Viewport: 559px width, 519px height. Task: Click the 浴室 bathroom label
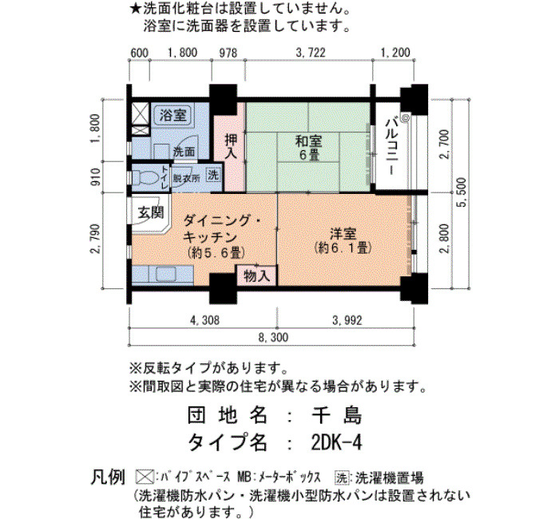[x=172, y=115]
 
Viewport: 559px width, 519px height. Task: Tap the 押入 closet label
[x=231, y=146]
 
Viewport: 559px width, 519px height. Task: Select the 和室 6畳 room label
[x=309, y=148]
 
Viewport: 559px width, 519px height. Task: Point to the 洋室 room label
[x=343, y=240]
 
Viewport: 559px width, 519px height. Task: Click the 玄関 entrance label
[x=151, y=213]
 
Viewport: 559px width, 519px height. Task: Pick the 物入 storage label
[x=257, y=276]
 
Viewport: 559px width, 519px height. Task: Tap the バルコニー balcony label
[x=391, y=147]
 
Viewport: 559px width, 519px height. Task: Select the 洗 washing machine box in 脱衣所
[x=213, y=175]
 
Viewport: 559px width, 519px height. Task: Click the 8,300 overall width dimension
[x=272, y=337]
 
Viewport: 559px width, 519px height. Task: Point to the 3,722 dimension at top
[x=311, y=53]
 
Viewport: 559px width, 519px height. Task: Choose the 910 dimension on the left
[x=97, y=177]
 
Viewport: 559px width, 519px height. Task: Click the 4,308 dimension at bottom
[x=204, y=320]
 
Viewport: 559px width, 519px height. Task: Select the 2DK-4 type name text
[x=336, y=443]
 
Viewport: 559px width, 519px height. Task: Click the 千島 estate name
[x=336, y=415]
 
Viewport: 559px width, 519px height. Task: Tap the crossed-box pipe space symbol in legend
[x=144, y=477]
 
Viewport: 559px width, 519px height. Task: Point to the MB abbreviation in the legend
[x=244, y=477]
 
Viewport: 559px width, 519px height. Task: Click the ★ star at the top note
[x=136, y=10]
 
